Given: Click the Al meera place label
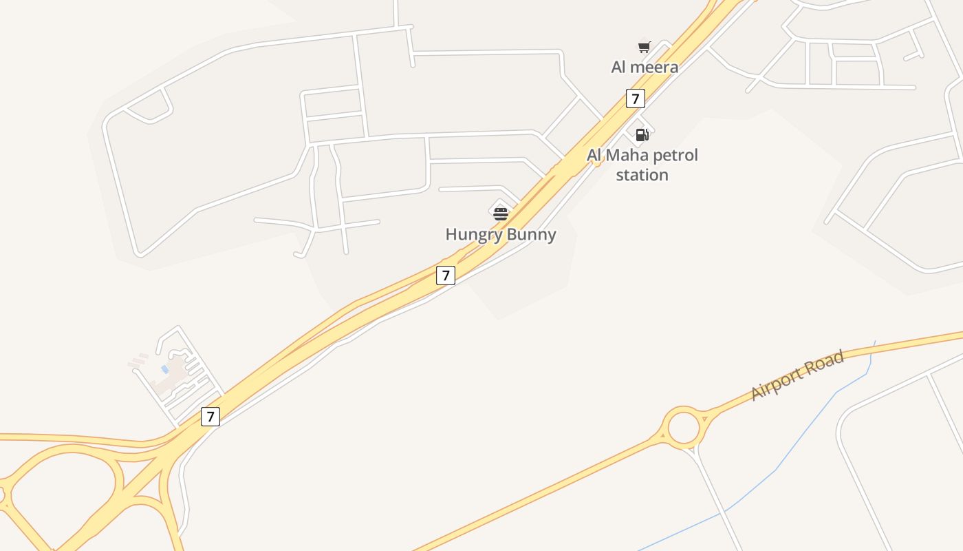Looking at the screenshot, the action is click(x=645, y=67).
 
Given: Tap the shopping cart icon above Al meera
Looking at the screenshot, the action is click(x=644, y=47).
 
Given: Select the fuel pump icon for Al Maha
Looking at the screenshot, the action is click(x=642, y=134).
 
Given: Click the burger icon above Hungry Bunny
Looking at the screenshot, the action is click(x=501, y=213).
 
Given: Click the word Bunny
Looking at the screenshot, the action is click(x=529, y=234).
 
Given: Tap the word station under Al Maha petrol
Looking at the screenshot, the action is click(x=642, y=175).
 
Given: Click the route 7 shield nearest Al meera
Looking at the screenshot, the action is click(x=635, y=98).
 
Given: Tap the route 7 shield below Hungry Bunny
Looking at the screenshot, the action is click(x=446, y=275).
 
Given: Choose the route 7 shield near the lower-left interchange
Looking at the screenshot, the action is click(x=210, y=417).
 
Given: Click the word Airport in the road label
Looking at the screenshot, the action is click(x=776, y=383).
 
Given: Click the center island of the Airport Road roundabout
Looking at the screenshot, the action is click(x=683, y=428).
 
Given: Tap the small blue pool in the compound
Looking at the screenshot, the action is click(x=165, y=370).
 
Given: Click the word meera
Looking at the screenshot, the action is click(x=655, y=67).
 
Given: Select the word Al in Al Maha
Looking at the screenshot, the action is click(x=595, y=155).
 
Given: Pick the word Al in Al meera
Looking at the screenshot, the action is click(x=619, y=67).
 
